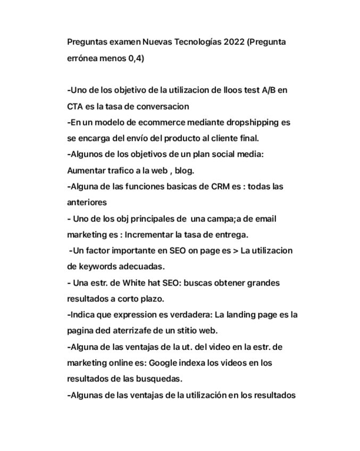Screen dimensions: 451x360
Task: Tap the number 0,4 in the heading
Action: click(136, 58)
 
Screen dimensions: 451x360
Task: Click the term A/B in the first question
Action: click(269, 90)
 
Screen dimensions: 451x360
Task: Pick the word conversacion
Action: click(163, 106)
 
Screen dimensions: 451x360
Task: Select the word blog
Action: click(184, 171)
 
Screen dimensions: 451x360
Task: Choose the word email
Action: click(265, 219)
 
